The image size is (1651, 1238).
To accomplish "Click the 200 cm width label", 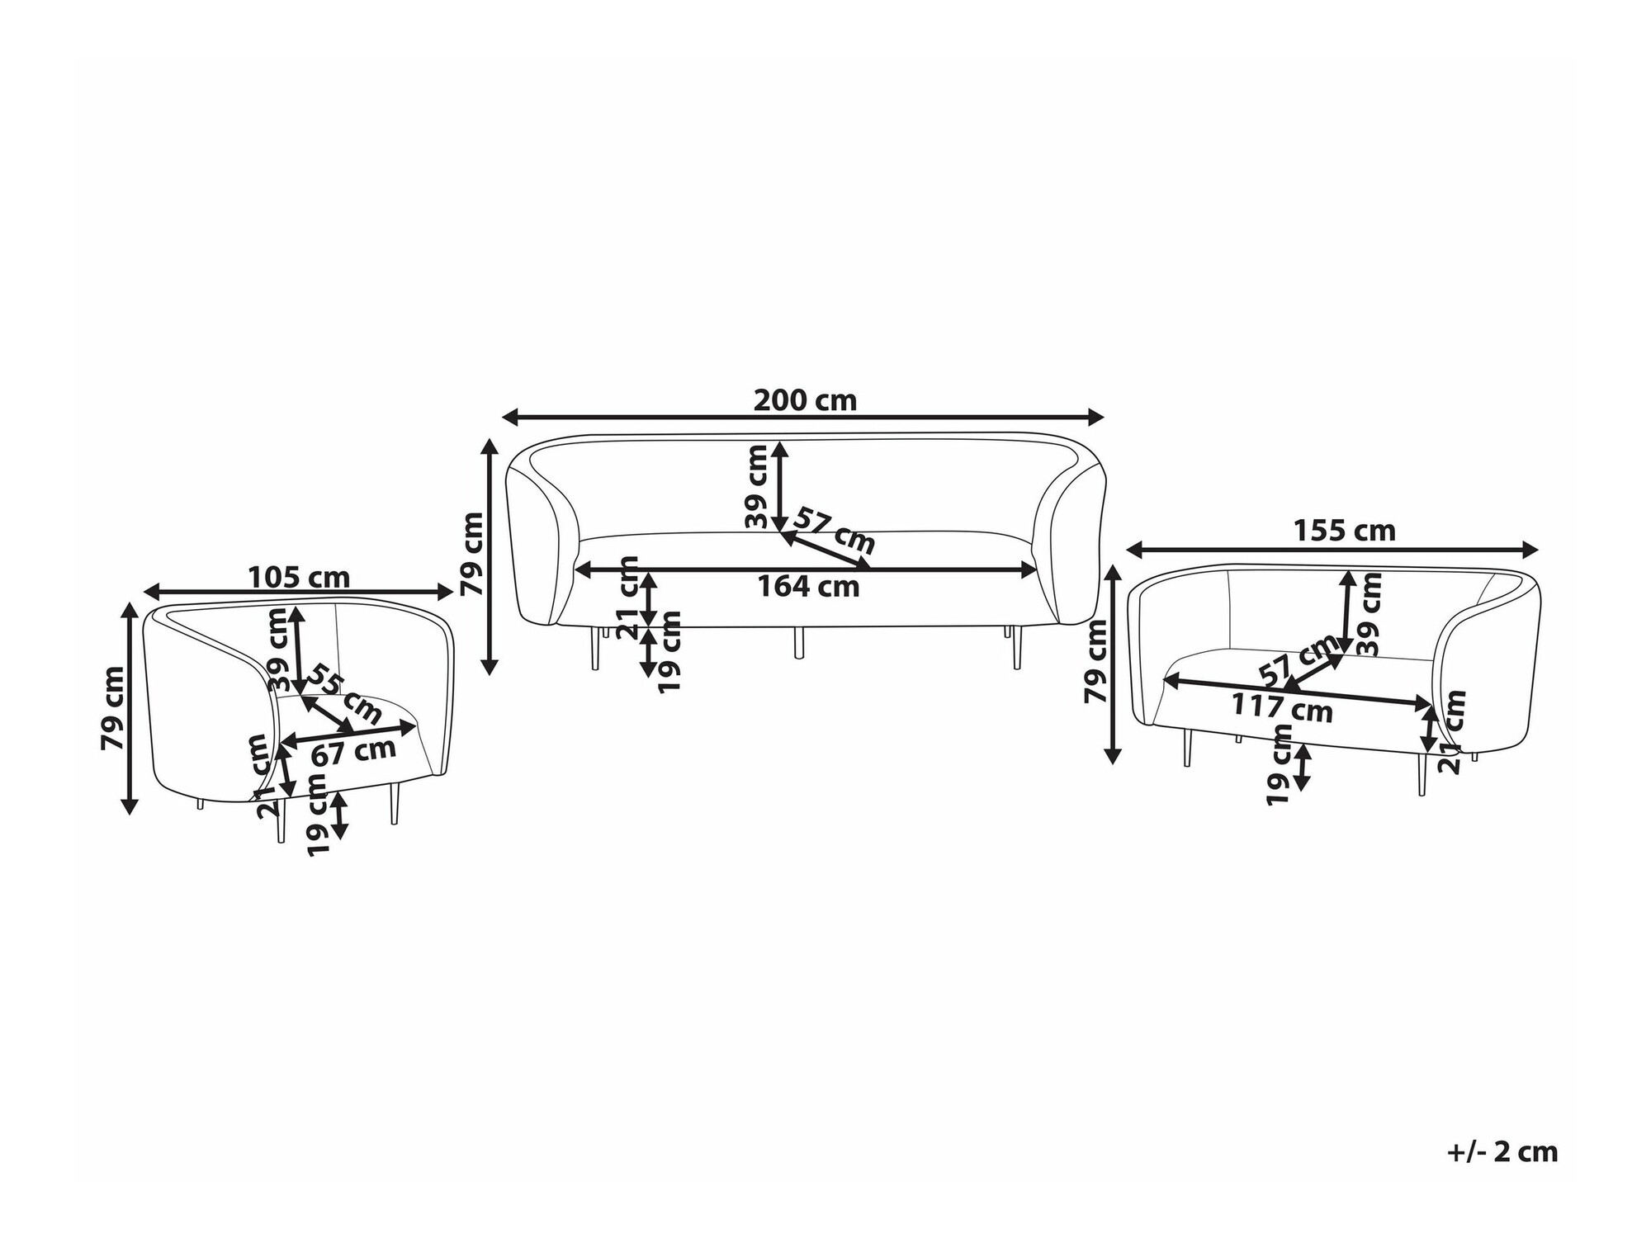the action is click(805, 400).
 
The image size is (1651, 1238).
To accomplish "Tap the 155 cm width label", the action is click(1344, 531).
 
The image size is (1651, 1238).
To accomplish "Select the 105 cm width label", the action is click(299, 577).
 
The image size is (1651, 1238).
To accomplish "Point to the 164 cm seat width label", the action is click(808, 586).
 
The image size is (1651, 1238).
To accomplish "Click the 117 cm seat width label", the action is click(1282, 707).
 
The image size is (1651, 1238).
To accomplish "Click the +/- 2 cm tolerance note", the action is click(1502, 1151).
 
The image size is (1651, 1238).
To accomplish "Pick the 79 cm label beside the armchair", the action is click(112, 708).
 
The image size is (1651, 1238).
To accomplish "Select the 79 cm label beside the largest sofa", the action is click(471, 554).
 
